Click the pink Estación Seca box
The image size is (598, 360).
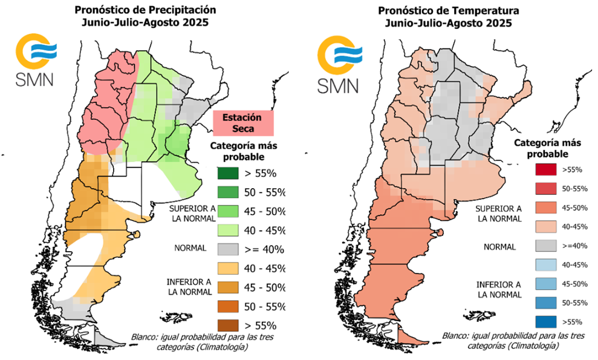[244, 123]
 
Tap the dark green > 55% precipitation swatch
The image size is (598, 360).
[229, 173]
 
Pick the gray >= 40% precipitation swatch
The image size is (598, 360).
[229, 248]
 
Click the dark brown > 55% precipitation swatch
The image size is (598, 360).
[229, 324]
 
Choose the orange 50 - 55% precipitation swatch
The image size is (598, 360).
[229, 306]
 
